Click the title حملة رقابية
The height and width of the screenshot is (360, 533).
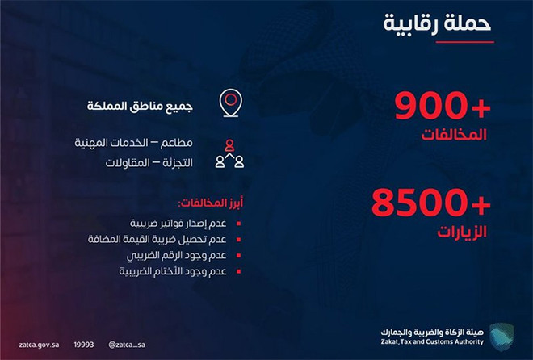click(x=437, y=23)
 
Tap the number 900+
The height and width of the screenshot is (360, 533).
click(x=443, y=106)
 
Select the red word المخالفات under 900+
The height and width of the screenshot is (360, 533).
click(x=454, y=135)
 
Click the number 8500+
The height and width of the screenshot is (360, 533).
click(x=431, y=203)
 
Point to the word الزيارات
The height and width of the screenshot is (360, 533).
click(x=462, y=232)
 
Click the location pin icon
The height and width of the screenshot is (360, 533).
click(x=230, y=103)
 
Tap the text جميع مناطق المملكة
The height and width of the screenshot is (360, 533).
click(x=140, y=106)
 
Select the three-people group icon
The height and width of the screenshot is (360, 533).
click(x=230, y=154)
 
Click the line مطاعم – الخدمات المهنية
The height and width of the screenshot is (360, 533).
click(x=133, y=143)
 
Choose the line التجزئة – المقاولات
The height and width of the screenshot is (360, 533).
click(x=149, y=163)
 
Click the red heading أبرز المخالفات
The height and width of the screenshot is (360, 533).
click(x=211, y=203)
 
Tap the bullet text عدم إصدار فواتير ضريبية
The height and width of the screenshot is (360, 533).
click(x=178, y=224)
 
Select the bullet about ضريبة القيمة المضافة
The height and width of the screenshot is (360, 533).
click(x=157, y=239)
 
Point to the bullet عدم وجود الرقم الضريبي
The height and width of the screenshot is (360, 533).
click(x=176, y=255)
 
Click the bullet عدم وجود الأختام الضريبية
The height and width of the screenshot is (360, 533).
click(x=173, y=271)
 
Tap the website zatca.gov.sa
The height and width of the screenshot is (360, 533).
click(x=39, y=345)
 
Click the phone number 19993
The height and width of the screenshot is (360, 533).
click(x=84, y=345)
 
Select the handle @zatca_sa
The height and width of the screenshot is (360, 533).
click(x=127, y=345)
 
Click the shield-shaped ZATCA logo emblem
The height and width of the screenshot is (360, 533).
click(x=502, y=337)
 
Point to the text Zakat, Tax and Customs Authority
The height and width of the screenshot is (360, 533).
click(x=432, y=341)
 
